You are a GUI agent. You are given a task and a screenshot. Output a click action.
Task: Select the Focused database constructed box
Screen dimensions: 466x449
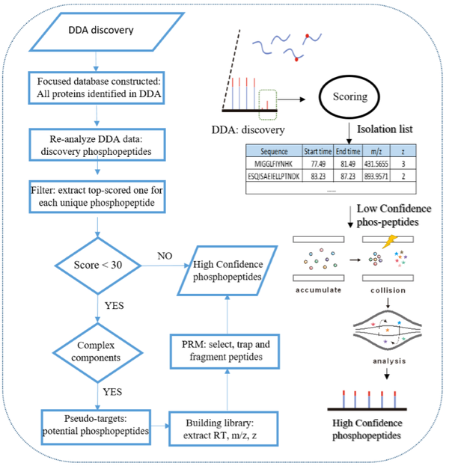tap(100, 86)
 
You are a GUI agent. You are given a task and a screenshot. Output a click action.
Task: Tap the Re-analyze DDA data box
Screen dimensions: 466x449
tap(100, 139)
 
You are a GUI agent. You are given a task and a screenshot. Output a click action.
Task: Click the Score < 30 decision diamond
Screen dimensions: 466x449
tap(99, 266)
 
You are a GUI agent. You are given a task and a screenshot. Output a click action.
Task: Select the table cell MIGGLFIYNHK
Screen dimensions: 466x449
tap(273, 162)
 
